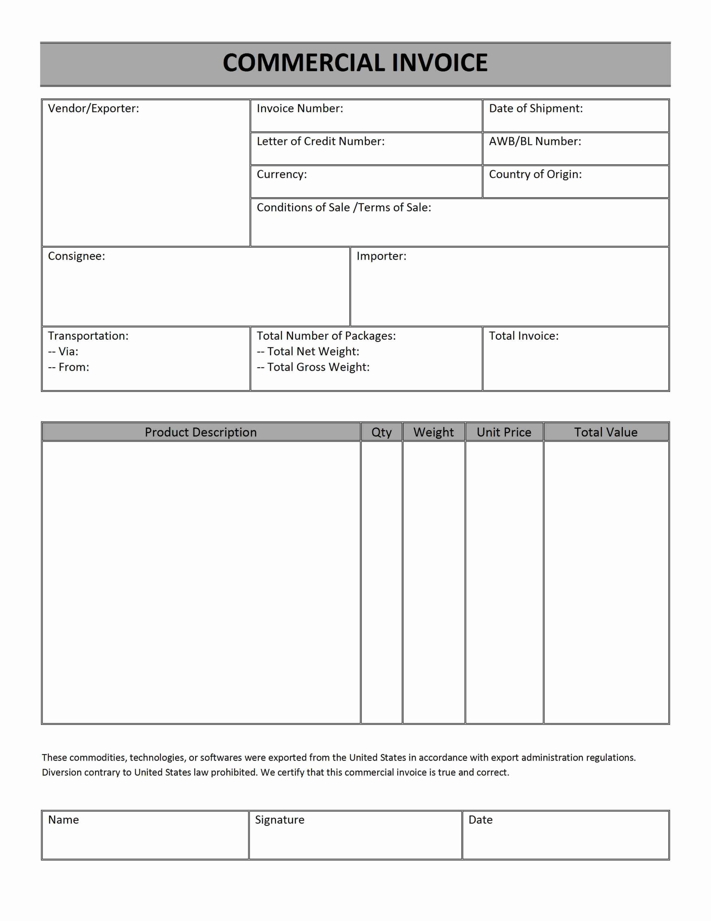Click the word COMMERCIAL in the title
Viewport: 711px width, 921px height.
[x=303, y=63]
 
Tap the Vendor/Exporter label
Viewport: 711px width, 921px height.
[x=93, y=108]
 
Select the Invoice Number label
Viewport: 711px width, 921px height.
[x=300, y=108]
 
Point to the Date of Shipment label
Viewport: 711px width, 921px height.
[x=536, y=108]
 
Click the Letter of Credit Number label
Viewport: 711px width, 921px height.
[x=320, y=141]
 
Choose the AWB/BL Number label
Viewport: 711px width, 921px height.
[x=535, y=141]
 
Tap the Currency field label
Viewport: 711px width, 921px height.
[x=281, y=174]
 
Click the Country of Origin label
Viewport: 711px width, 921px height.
[x=535, y=174]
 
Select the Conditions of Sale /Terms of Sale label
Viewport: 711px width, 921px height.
[x=344, y=208]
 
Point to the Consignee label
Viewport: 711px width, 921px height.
[x=76, y=256]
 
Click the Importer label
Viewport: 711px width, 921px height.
[x=381, y=256]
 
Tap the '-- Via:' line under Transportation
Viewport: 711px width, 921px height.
[x=63, y=351]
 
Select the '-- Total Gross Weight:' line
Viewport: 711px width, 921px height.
[x=313, y=367]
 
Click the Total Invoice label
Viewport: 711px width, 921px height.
[x=523, y=336]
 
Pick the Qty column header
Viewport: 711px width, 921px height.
[x=381, y=432]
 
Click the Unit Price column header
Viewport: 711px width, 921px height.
[x=504, y=432]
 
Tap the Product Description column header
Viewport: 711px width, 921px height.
[x=201, y=432]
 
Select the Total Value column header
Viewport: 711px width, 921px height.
[x=606, y=432]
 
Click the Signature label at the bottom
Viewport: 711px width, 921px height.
[x=279, y=820]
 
